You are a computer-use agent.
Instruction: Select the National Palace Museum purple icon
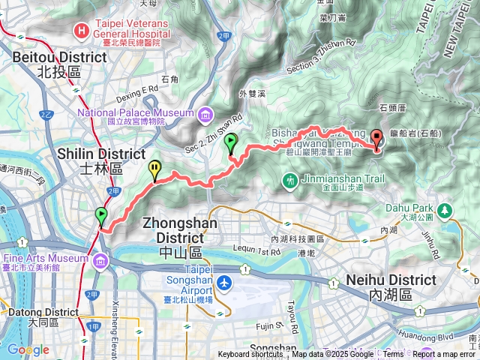(x=205, y=114)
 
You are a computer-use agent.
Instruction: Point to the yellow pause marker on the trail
(x=155, y=169)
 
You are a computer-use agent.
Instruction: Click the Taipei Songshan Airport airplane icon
(x=226, y=283)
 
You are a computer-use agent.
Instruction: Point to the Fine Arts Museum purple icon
(x=100, y=260)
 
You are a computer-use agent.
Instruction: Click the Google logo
(x=28, y=349)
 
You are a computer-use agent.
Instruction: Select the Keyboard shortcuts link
(x=250, y=355)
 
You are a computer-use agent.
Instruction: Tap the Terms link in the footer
(x=393, y=355)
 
